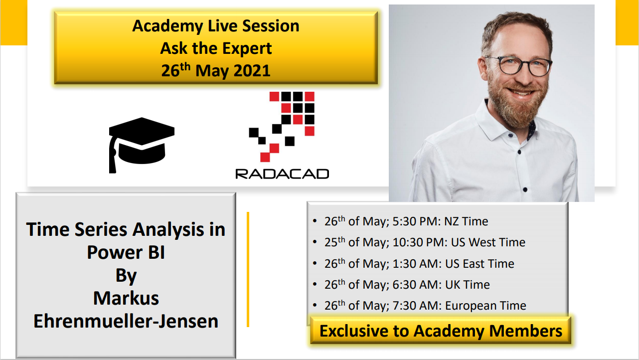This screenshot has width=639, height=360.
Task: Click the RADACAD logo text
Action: coord(282,174)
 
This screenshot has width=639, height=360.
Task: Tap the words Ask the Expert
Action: coord(216,48)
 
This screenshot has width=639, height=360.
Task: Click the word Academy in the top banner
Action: coord(163,26)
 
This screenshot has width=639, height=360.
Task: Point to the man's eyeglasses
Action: coord(518,66)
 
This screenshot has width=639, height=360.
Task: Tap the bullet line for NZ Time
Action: coord(406,221)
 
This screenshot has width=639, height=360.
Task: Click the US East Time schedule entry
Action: coord(419,264)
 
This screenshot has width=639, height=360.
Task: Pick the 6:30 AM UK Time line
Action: coord(407,285)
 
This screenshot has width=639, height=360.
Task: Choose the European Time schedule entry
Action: coord(425,306)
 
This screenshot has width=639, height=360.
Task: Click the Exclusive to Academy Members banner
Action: coord(441,331)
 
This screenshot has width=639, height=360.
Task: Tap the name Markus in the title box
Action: coord(126,298)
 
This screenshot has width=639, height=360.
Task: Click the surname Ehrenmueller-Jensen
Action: coord(126,321)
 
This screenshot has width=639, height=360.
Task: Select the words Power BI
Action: coord(126,252)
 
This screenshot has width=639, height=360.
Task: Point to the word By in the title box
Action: coord(126,275)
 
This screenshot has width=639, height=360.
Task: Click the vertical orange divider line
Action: coord(248,269)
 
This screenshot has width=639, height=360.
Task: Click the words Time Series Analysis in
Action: coord(126,229)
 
